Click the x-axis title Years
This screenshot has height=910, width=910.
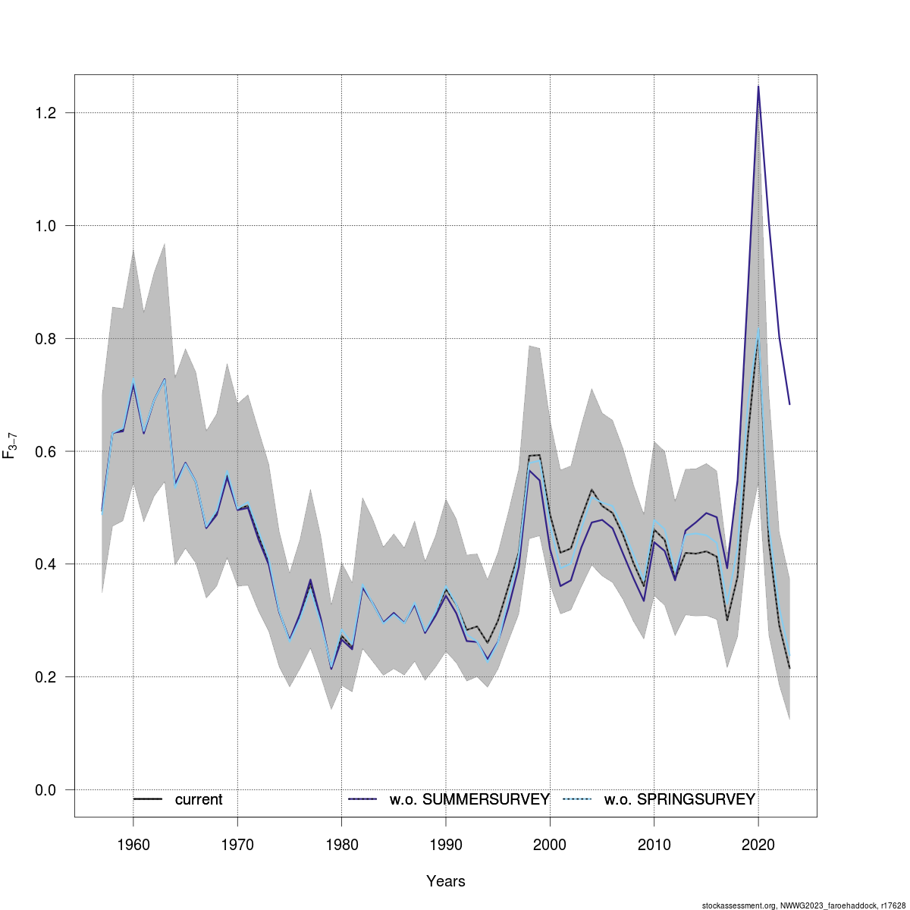point(446,881)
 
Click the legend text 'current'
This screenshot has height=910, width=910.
point(199,799)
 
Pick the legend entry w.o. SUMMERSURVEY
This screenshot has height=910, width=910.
point(469,799)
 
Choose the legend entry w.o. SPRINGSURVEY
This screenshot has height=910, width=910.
point(679,799)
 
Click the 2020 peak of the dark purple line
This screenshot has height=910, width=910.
point(758,86)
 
